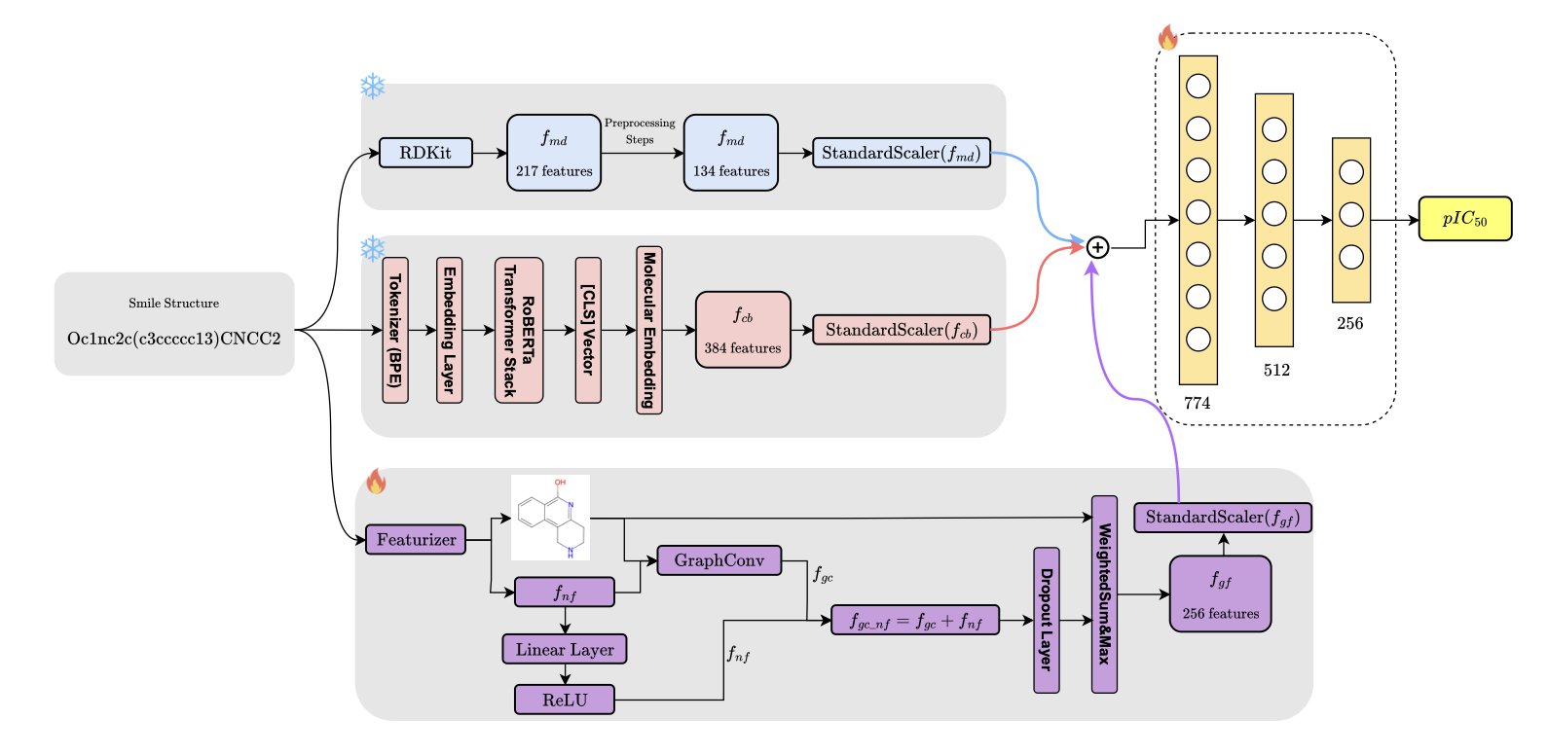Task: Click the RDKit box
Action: [x=425, y=153]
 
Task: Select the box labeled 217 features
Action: [x=554, y=153]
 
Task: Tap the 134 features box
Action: [x=731, y=153]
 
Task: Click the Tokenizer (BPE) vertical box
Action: [x=395, y=331]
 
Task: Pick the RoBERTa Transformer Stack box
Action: [x=519, y=331]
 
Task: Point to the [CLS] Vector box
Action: [x=588, y=331]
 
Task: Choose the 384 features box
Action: [x=743, y=330]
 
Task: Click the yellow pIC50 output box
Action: [x=1464, y=219]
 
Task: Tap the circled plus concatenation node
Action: [x=1097, y=247]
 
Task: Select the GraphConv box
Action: [x=719, y=560]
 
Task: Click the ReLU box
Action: [x=565, y=700]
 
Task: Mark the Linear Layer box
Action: [x=565, y=649]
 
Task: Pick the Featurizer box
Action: [x=416, y=539]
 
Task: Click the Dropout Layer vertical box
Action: [x=1046, y=620]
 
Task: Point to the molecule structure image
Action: [x=551, y=518]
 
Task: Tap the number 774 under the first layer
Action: [x=1197, y=403]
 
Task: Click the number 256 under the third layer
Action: [x=1349, y=323]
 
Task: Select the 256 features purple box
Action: [x=1220, y=594]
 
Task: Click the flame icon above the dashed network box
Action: [x=1167, y=38]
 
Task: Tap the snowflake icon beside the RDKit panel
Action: [x=373, y=87]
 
